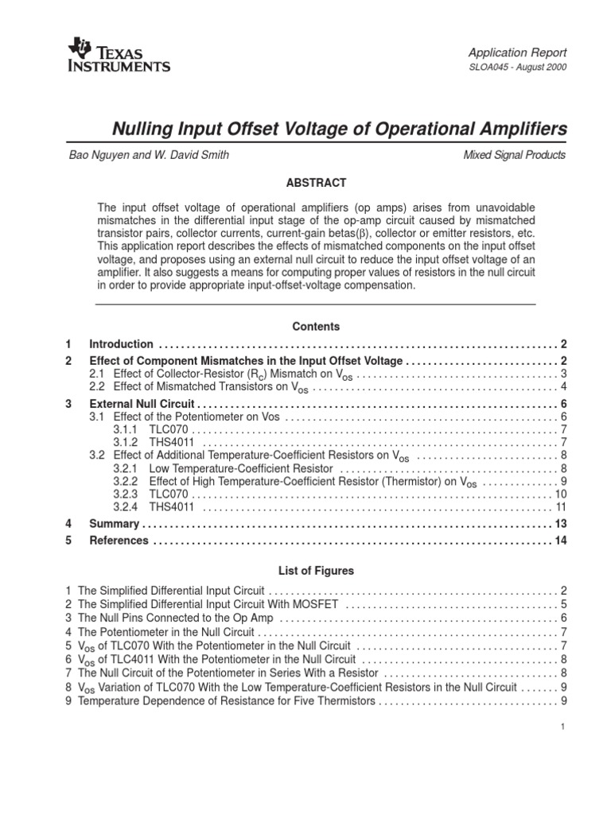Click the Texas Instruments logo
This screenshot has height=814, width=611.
coord(119,55)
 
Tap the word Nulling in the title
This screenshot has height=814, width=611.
coord(140,129)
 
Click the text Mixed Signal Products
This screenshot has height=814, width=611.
coord(515,155)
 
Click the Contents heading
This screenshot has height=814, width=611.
coord(316,327)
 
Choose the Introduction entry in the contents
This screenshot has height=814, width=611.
coord(121,344)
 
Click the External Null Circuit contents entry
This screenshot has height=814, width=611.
coord(142,404)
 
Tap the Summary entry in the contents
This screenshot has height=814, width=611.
coord(114,524)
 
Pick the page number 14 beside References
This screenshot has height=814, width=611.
coord(559,541)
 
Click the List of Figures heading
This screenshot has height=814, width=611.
coord(316,571)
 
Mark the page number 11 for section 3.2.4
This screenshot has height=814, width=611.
coord(560,506)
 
